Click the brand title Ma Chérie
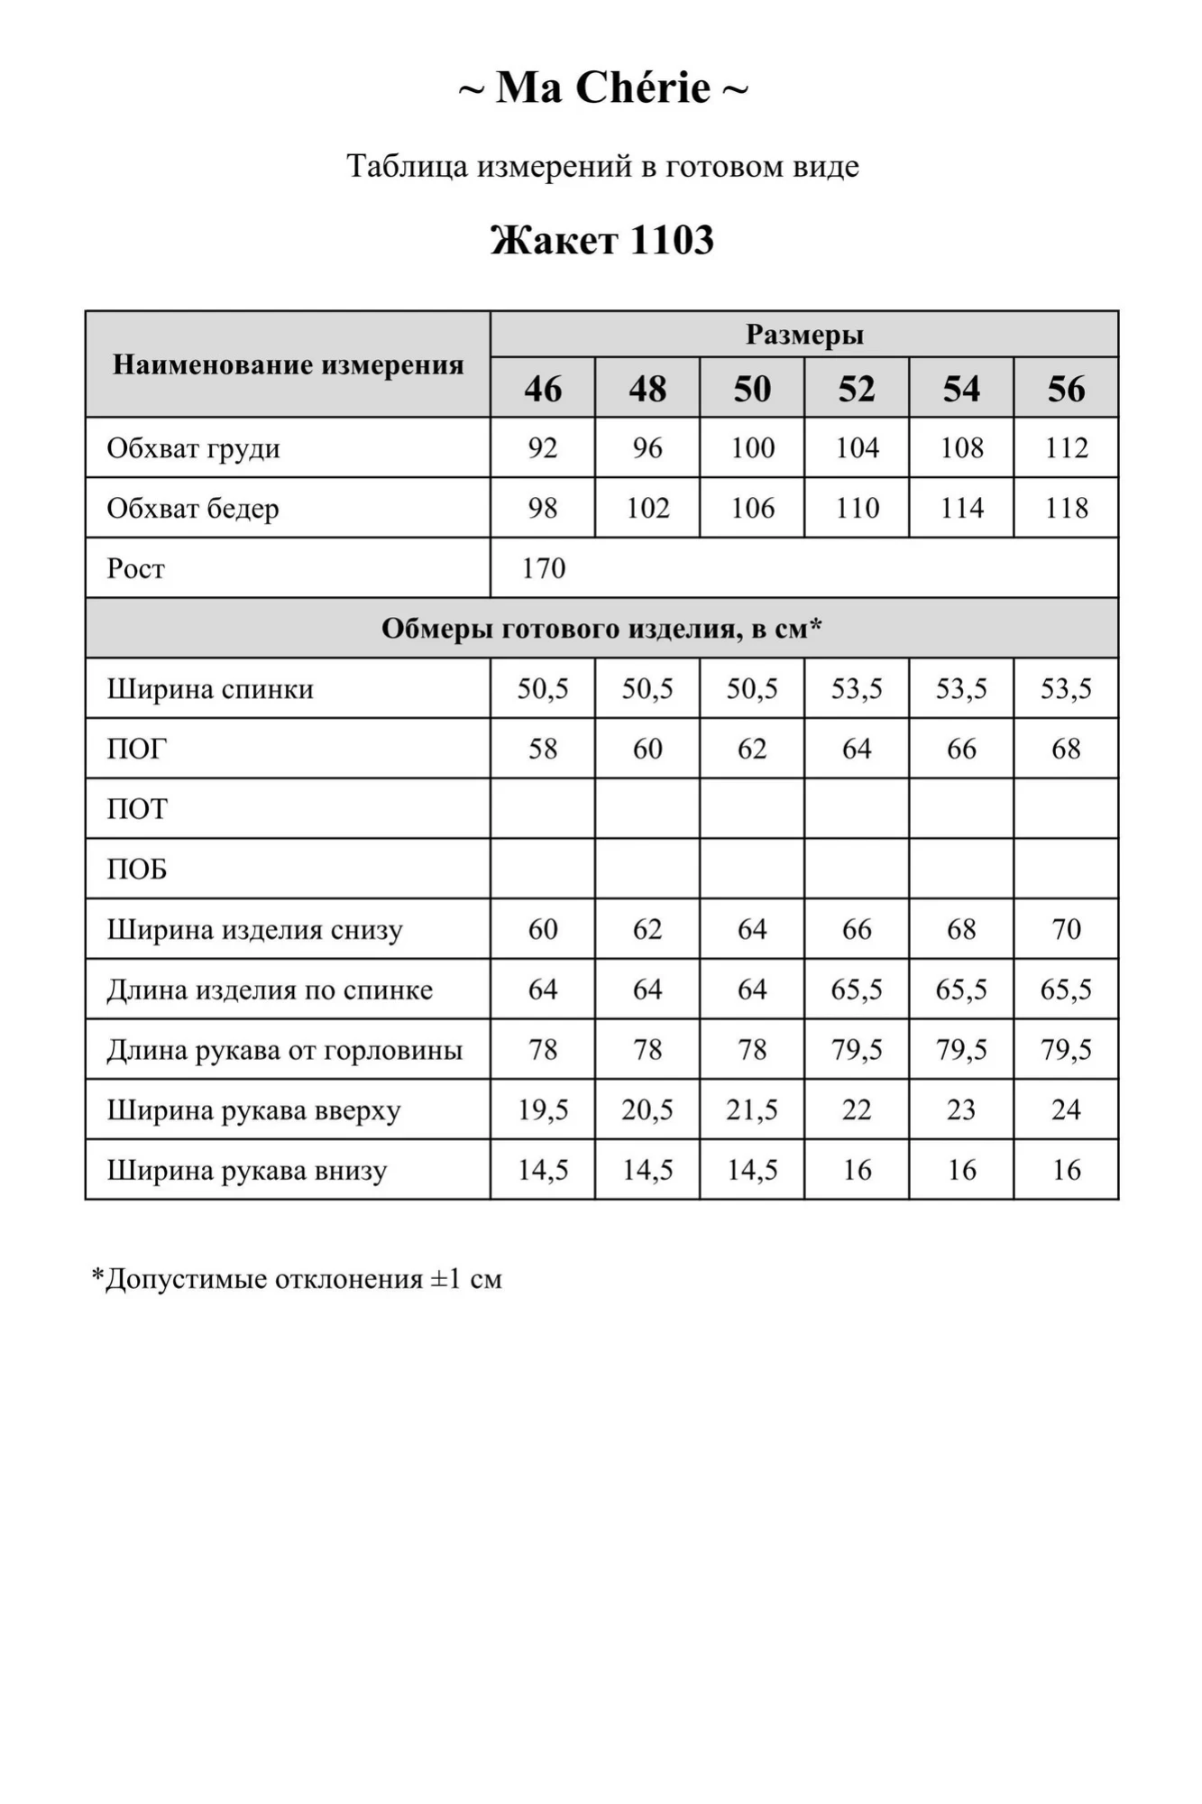pos(602,88)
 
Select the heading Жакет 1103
pos(601,241)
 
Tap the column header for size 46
pos(543,389)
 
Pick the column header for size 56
pos(1066,389)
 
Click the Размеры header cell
pos(803,335)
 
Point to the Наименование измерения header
pos(288,365)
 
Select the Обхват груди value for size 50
pos(752,448)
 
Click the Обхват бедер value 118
pos(1066,509)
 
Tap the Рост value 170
pos(544,568)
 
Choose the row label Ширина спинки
pos(210,689)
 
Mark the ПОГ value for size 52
pos(857,749)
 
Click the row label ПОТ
pos(137,809)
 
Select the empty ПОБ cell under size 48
pos(647,869)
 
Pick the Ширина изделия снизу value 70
pos(1066,929)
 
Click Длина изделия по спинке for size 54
pos(961,989)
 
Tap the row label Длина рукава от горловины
pos(284,1050)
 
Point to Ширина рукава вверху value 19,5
pos(543,1109)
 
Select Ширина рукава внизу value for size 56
pos(1066,1170)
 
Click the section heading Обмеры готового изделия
pos(601,629)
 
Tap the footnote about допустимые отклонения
pos(297,1279)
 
